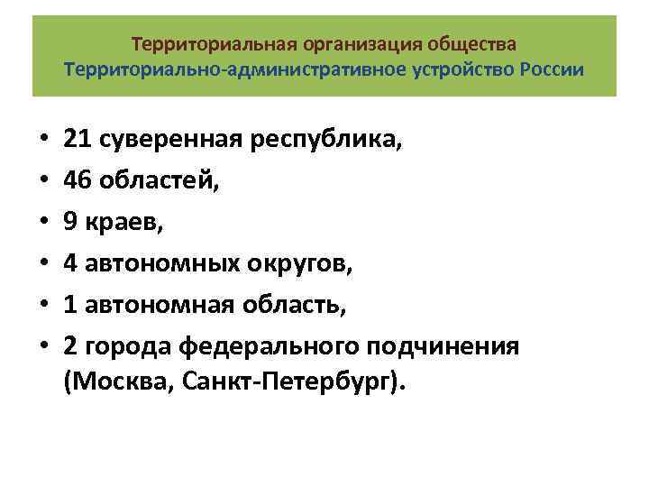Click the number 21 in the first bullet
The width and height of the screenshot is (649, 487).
pyautogui.click(x=78, y=140)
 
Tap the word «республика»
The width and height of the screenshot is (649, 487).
pyautogui.click(x=294, y=141)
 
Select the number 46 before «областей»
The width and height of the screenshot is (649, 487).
pyautogui.click(x=78, y=181)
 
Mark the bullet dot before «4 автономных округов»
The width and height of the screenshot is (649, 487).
pyautogui.click(x=42, y=265)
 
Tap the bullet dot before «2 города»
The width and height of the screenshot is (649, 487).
pyautogui.click(x=42, y=348)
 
